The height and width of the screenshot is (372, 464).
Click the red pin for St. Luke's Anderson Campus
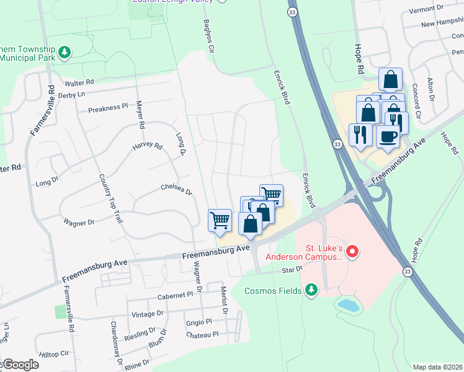tap(352, 252)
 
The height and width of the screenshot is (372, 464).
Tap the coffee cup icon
tap(388, 136)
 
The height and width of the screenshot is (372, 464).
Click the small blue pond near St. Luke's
tap(349, 304)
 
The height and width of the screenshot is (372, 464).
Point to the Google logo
tap(20, 365)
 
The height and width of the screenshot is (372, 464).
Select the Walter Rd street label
tap(79, 82)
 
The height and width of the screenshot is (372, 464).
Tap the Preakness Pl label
tap(107, 108)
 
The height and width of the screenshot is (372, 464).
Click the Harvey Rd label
tap(146, 147)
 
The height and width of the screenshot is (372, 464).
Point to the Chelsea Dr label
tap(177, 187)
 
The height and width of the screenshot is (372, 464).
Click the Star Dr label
tap(292, 270)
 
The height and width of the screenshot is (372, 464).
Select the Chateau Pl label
tap(202, 334)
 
